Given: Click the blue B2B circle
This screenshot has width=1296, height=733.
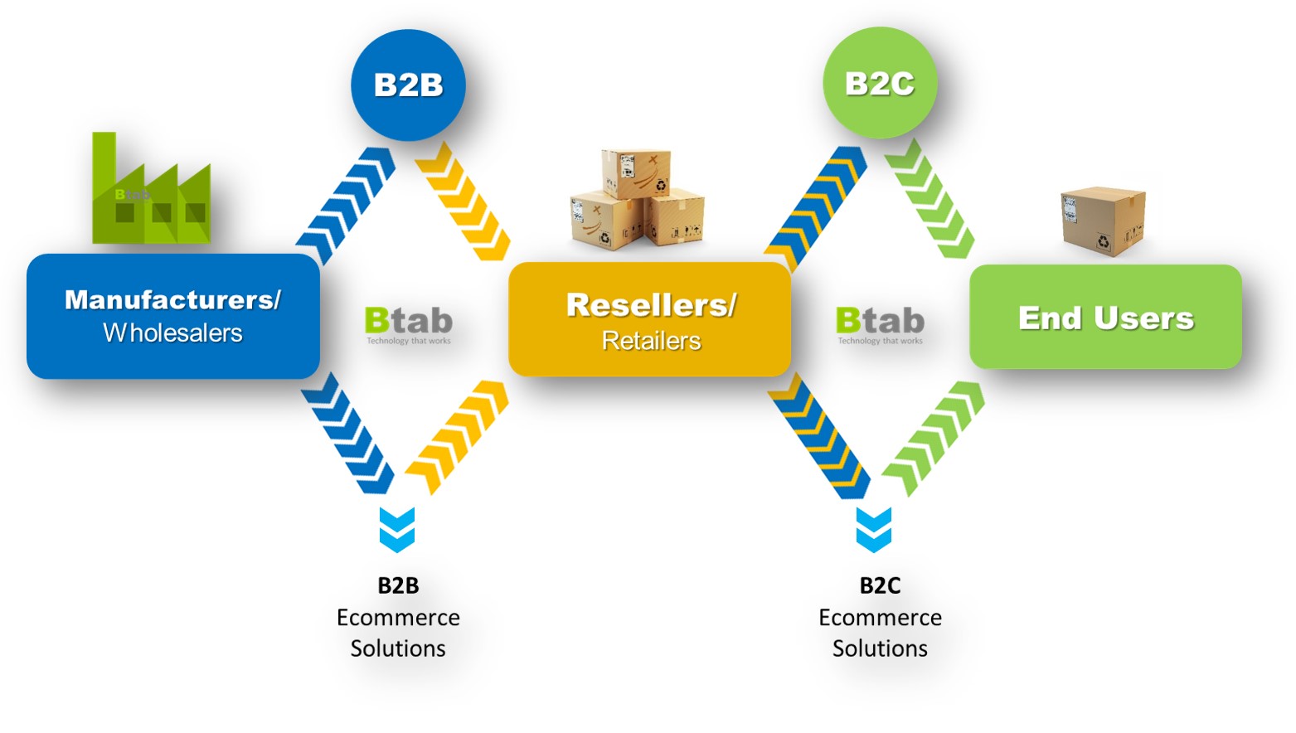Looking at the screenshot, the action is pos(408,85).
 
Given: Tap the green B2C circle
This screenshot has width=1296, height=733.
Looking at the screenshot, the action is pos(880,83).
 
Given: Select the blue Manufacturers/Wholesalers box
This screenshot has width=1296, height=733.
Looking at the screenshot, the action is pos(173,317).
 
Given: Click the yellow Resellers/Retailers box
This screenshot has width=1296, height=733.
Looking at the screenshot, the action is pos(650,319).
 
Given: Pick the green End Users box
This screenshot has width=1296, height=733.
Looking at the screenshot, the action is pos(1105,317).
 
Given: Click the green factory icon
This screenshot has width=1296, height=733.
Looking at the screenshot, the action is pos(151,188).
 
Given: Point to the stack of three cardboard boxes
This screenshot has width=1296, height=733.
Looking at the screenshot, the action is pos(637,200).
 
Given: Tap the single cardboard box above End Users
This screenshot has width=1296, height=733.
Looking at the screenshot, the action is pos(1104,221).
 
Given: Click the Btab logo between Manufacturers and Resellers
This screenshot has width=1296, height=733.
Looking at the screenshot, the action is pos(409,325).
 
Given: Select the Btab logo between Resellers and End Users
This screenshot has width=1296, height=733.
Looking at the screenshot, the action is pos(880,325).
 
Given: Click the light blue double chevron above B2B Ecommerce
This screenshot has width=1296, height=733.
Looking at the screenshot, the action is pos(397,530).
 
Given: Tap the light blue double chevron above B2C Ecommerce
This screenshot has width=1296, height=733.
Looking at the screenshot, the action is pos(874,530).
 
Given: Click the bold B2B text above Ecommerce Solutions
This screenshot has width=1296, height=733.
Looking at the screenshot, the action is pos(398,585).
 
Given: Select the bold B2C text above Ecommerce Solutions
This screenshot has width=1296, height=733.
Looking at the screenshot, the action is pos(880,585).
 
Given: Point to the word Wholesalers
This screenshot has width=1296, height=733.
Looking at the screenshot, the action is pos(173,333).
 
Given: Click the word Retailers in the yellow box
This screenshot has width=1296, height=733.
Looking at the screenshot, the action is pos(652,341).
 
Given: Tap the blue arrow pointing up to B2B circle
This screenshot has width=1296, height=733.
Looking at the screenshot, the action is pos(346,206).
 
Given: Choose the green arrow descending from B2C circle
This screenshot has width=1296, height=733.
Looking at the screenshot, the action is pos(930,198).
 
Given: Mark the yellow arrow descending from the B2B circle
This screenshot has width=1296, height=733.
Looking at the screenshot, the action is pos(463,201).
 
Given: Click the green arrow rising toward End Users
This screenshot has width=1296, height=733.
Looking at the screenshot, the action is pos(933,439).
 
